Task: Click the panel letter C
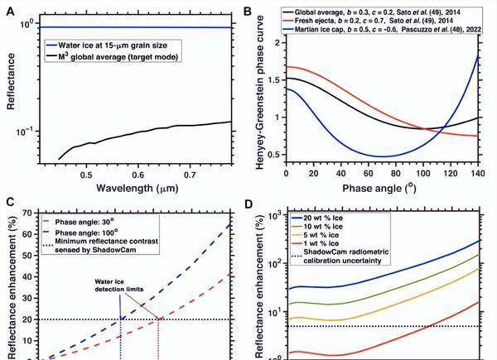[x=10, y=202]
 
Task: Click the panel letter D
[x=246, y=202]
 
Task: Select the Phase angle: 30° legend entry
[x=90, y=222]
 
